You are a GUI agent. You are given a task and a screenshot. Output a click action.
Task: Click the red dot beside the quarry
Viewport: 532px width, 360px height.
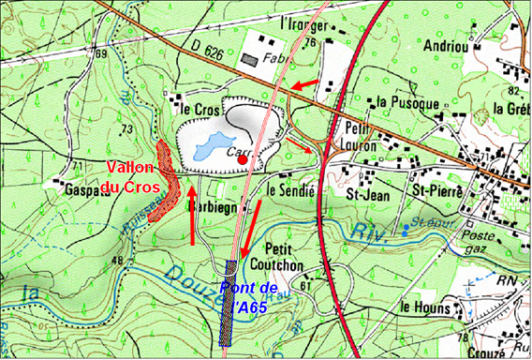coord(243,160)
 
